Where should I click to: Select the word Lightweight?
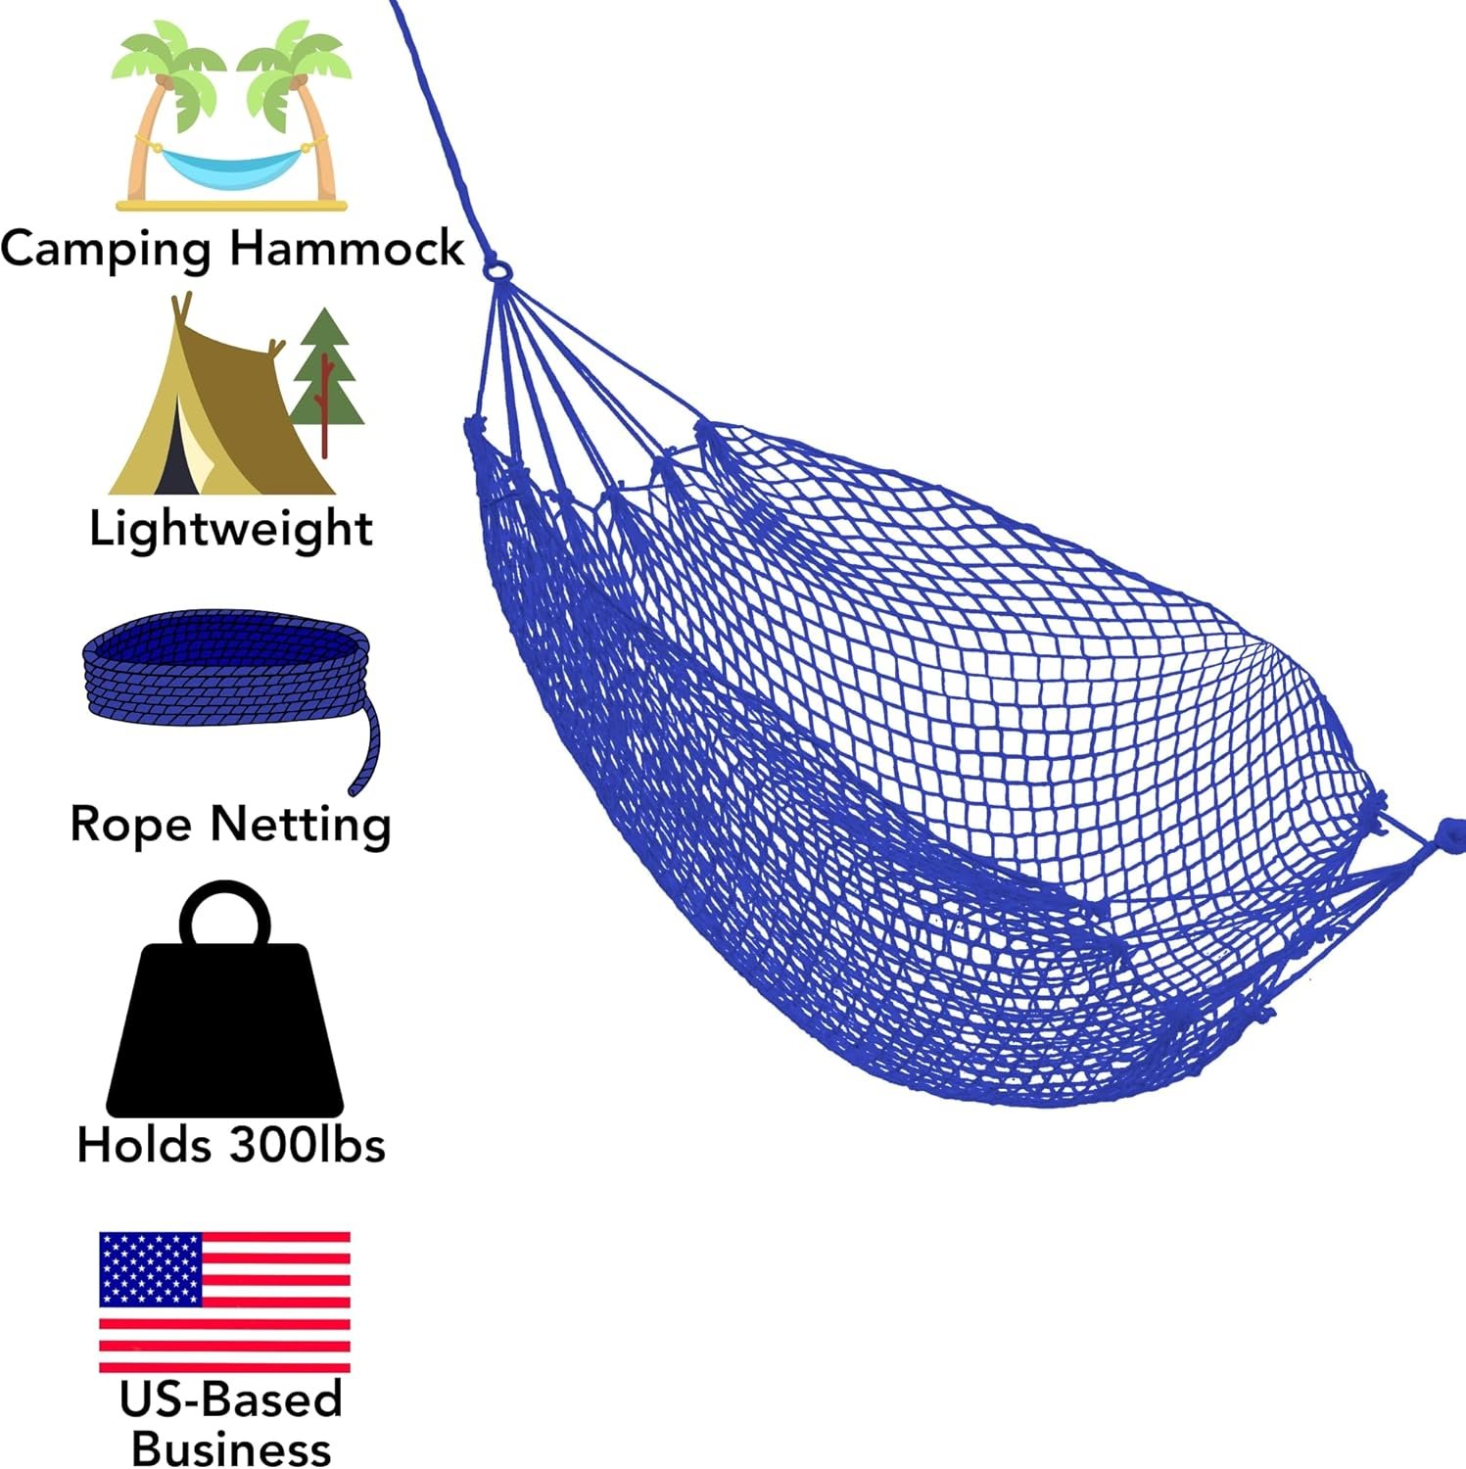(x=231, y=530)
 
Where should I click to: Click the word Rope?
(x=131, y=825)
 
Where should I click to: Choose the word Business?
(x=231, y=1448)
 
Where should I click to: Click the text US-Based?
(x=231, y=1399)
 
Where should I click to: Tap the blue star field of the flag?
(x=150, y=1268)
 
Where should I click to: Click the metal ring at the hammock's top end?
(x=497, y=267)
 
